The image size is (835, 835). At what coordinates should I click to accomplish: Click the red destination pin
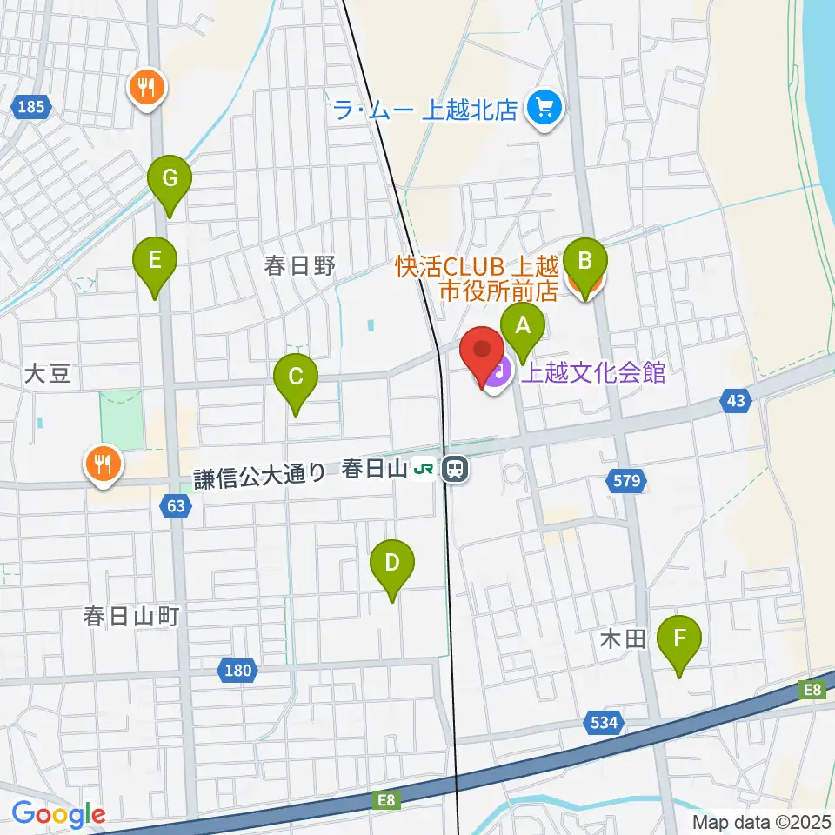pos(482,355)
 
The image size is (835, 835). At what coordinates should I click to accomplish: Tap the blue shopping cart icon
pos(545,109)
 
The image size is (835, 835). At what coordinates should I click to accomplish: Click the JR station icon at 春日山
pos(454,470)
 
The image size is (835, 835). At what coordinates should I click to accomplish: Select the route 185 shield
pos(31,108)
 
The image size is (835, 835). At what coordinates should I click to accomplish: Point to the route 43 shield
pos(736,400)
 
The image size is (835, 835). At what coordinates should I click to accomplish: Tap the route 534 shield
pos(605,722)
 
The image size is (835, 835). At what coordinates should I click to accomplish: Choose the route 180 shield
pos(236,670)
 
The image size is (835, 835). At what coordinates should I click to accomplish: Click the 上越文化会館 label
pos(593,373)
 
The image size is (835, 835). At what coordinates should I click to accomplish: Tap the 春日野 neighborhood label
pos(300,266)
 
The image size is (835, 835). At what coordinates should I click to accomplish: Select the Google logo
pos(58,815)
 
